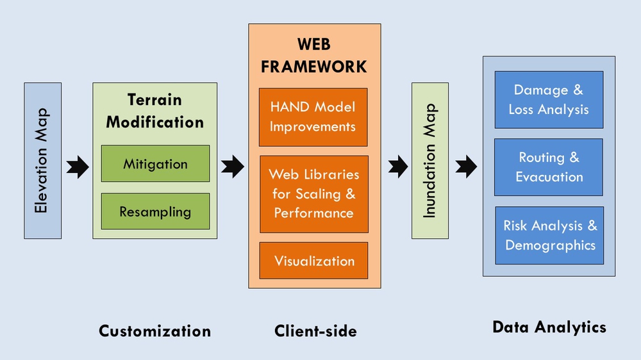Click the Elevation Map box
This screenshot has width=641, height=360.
tap(42, 161)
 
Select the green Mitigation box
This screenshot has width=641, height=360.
tap(155, 163)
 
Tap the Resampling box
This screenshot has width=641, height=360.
tap(155, 211)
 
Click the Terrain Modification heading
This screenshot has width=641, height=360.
tap(155, 111)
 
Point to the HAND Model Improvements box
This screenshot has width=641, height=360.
tap(313, 117)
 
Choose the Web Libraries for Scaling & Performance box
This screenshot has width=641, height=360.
tap(314, 193)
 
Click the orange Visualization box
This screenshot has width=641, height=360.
tap(314, 261)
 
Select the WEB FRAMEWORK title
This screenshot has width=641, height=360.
tap(314, 55)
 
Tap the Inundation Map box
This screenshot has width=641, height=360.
tap(430, 161)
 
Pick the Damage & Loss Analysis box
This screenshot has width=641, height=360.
tap(549, 100)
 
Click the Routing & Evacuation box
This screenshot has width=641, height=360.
tap(549, 167)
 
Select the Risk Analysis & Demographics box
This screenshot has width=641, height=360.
tap(549, 235)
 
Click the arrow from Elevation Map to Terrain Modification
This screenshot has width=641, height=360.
tap(77, 167)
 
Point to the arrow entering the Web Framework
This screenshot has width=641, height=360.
tap(232, 167)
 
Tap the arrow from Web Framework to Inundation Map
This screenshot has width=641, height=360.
tap(397, 167)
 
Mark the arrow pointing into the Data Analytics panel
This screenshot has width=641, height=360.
tap(466, 167)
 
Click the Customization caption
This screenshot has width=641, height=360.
tap(154, 331)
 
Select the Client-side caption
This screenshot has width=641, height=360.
tap(315, 331)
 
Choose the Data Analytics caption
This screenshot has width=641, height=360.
tap(549, 327)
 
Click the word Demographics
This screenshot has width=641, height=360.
tap(550, 245)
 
